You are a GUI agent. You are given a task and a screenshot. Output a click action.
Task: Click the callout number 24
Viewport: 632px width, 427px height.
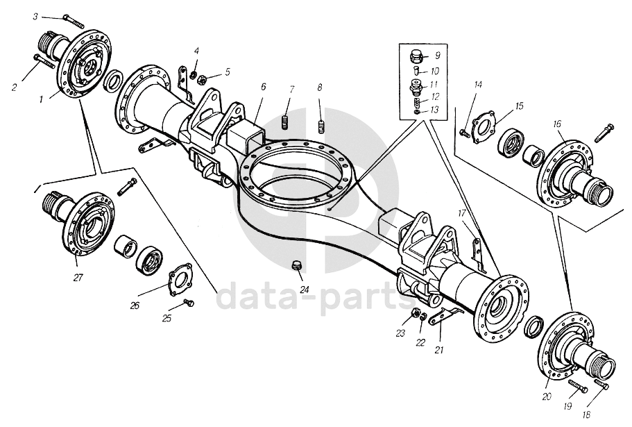[305, 290]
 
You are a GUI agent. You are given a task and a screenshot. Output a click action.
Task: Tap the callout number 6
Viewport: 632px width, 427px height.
[263, 87]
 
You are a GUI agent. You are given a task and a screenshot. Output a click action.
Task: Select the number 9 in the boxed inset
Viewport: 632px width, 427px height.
[438, 56]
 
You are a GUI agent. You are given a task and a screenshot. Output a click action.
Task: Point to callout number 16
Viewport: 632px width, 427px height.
[557, 124]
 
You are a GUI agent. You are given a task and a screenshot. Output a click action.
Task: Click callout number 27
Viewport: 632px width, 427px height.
[78, 278]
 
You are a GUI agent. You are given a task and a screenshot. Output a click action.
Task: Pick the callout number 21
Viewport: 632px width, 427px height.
[439, 350]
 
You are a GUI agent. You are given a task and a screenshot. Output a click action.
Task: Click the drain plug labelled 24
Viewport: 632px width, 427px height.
[297, 265]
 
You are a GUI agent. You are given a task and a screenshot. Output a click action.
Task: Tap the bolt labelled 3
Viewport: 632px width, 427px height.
[74, 22]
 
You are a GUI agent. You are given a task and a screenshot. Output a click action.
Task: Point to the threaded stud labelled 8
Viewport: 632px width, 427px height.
[321, 126]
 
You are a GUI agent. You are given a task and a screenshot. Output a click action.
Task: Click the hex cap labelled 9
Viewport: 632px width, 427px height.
[418, 57]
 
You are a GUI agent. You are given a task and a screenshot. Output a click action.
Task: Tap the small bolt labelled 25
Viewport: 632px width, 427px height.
[189, 302]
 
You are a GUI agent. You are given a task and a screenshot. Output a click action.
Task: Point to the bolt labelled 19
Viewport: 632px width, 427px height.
[578, 386]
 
